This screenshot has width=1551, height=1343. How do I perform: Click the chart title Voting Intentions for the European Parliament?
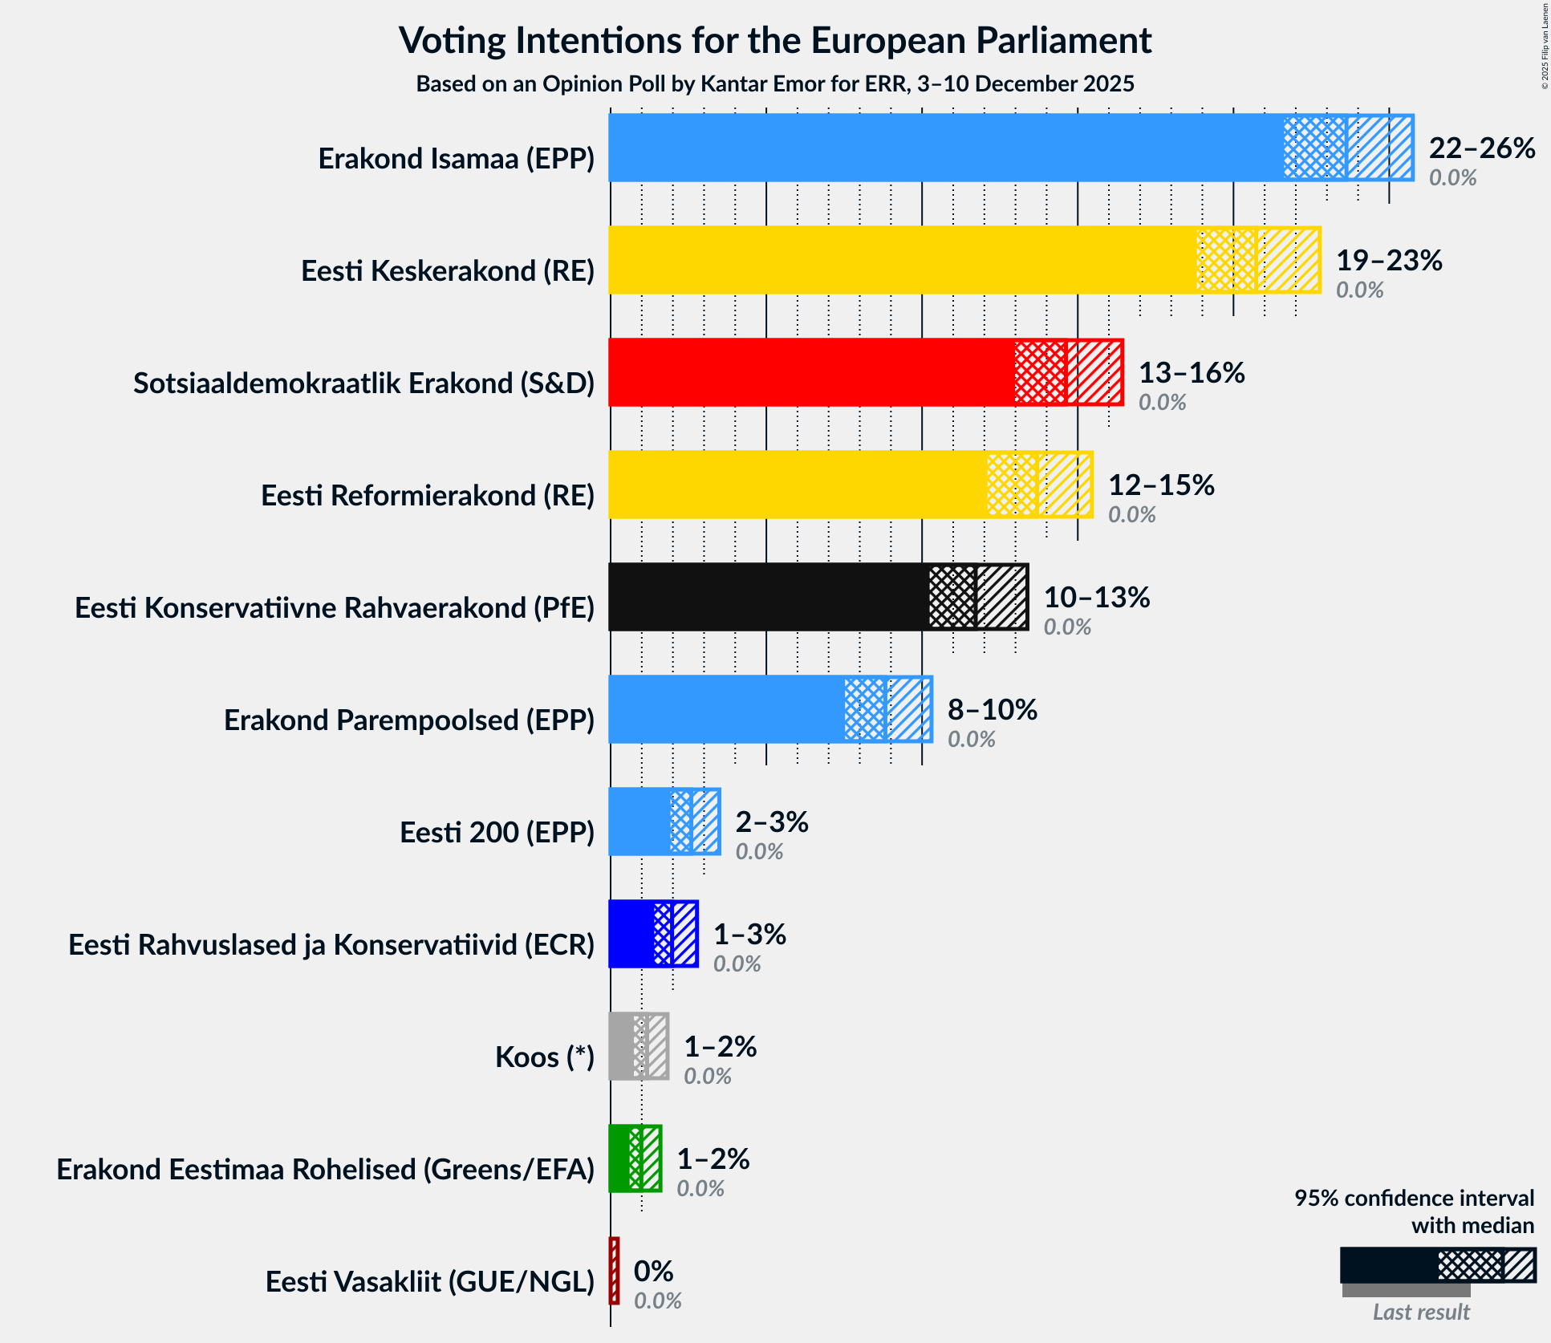tap(775, 40)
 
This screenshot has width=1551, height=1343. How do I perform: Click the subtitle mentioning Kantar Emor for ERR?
tap(775, 83)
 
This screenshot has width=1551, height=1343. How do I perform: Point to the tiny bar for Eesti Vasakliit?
tap(615, 1271)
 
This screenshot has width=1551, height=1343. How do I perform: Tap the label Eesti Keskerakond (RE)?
tap(448, 271)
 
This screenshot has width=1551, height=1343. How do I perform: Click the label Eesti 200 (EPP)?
tap(497, 833)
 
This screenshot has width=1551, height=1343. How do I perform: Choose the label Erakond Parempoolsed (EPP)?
tap(409, 720)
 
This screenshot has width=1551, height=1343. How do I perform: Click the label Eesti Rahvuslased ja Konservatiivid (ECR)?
tap(331, 945)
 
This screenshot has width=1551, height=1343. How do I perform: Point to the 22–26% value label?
tap(1481, 148)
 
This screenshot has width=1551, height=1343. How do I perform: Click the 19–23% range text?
tap(1388, 260)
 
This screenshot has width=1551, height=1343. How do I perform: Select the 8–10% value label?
tap(992, 709)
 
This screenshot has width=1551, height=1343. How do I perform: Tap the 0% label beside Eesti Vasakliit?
tap(653, 1271)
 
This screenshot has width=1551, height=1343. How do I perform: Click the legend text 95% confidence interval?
tap(1414, 1198)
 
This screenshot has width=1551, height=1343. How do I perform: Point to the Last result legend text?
tap(1420, 1312)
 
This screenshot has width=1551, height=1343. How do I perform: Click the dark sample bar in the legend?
tap(1388, 1265)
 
